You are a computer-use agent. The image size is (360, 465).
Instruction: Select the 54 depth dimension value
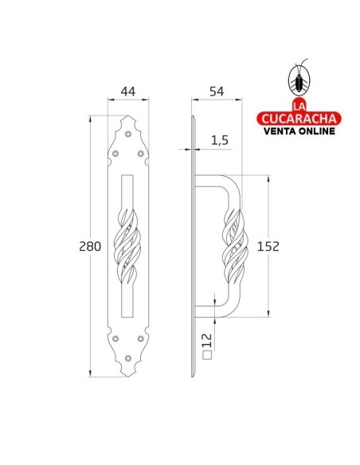(x=214, y=92)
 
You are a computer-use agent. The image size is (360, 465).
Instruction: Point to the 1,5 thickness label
(x=221, y=140)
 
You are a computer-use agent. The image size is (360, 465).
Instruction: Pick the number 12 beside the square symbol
(x=207, y=341)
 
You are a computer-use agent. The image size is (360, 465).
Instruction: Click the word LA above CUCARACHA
(x=300, y=106)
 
